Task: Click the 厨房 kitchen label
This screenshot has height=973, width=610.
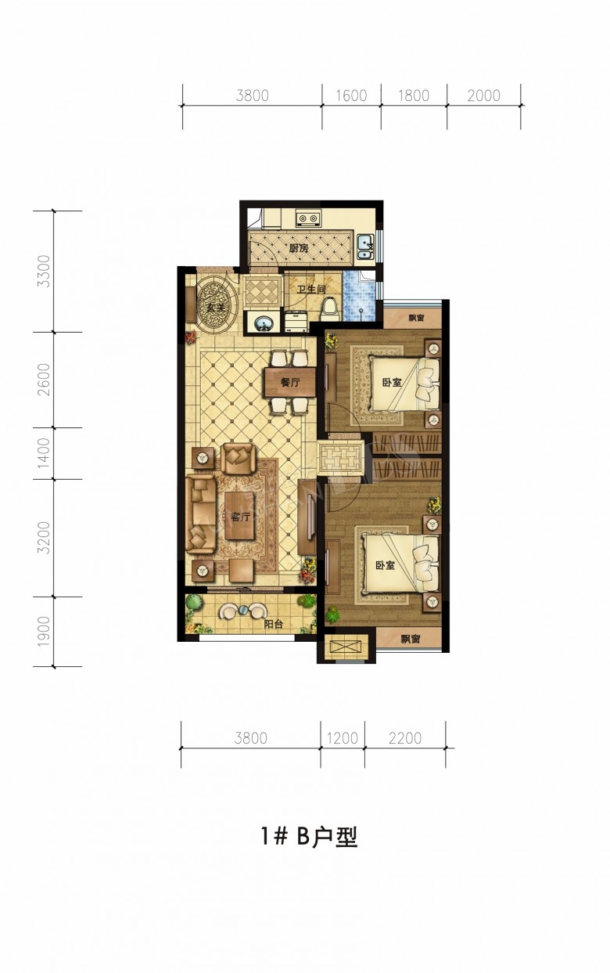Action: (x=299, y=248)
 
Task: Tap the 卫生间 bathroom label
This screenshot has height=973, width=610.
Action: (x=310, y=289)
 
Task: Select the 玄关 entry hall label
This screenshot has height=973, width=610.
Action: (x=216, y=308)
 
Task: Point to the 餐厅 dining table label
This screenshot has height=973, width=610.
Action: (x=290, y=382)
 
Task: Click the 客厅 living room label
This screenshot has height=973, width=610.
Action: (x=240, y=517)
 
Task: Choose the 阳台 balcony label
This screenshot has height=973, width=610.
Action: (x=274, y=624)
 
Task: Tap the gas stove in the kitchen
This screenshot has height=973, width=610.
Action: (x=308, y=218)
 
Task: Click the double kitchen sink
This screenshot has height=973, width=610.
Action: (x=366, y=247)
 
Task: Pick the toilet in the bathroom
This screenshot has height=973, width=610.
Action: (x=331, y=309)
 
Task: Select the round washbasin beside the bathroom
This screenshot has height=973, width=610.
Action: (x=262, y=323)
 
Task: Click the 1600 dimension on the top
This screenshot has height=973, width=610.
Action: (x=351, y=95)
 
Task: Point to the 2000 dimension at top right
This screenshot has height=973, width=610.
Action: (x=484, y=95)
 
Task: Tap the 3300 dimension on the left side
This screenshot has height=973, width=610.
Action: (x=44, y=272)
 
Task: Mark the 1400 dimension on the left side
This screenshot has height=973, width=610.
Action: (x=44, y=453)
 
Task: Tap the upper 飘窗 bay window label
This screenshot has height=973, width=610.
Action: (x=416, y=318)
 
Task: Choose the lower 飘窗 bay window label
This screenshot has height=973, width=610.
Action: (x=410, y=639)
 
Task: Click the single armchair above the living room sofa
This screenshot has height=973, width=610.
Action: (x=237, y=459)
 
